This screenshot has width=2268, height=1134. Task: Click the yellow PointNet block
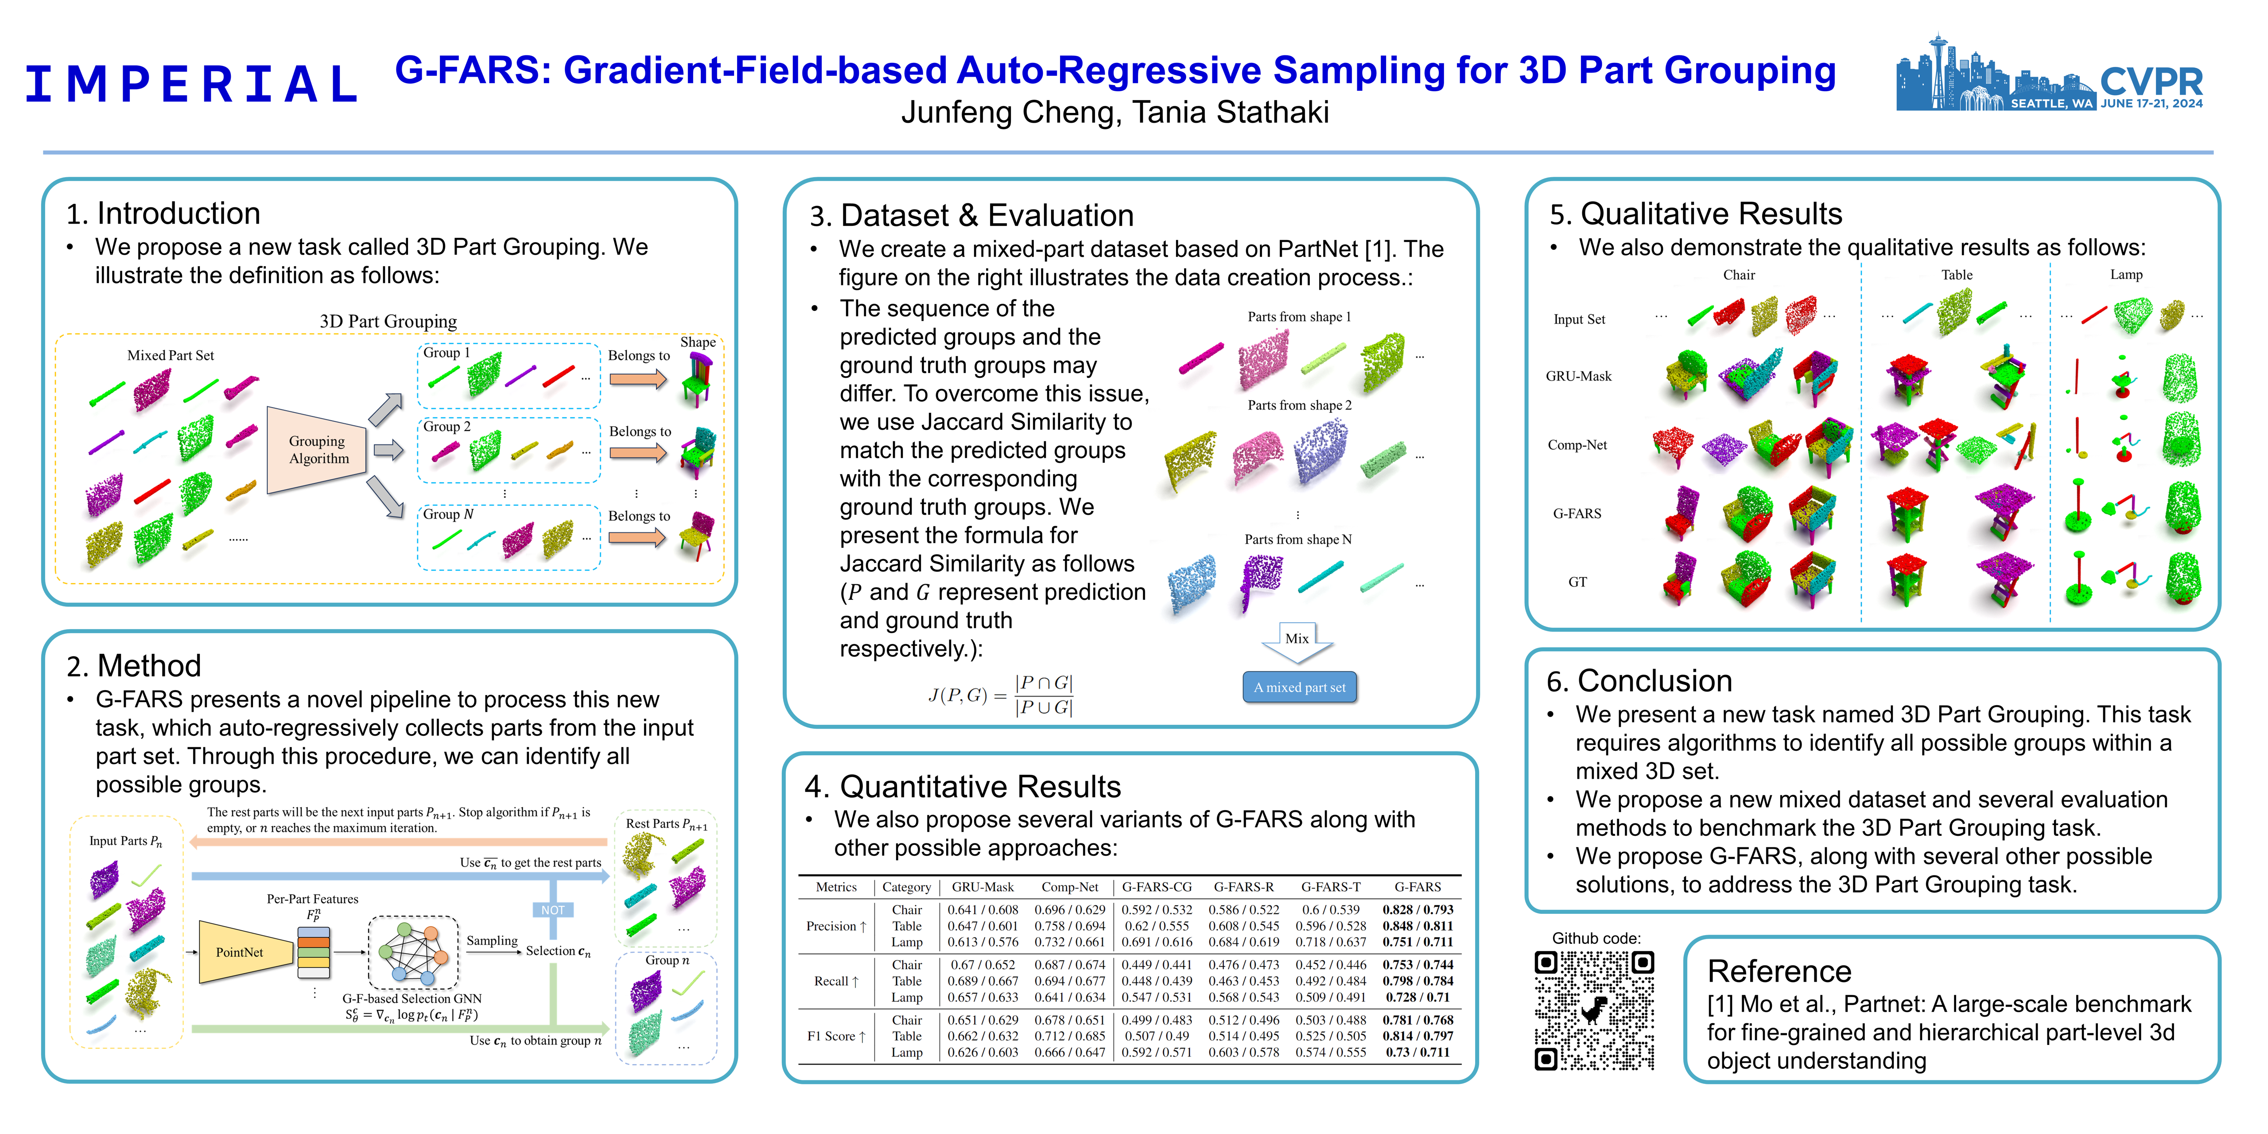[x=240, y=952]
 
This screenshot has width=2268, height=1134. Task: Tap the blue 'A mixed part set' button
[x=1300, y=687]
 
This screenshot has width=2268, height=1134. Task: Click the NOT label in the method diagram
[x=553, y=910]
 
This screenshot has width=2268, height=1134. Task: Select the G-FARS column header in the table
[x=1417, y=886]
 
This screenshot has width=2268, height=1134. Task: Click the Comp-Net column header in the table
[x=1070, y=886]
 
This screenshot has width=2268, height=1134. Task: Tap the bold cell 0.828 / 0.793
[x=1417, y=909]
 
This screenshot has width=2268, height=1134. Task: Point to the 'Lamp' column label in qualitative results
[x=2125, y=275]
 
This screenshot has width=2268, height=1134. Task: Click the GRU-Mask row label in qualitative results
[x=1579, y=376]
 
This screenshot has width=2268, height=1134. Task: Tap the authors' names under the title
[x=1115, y=113]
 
